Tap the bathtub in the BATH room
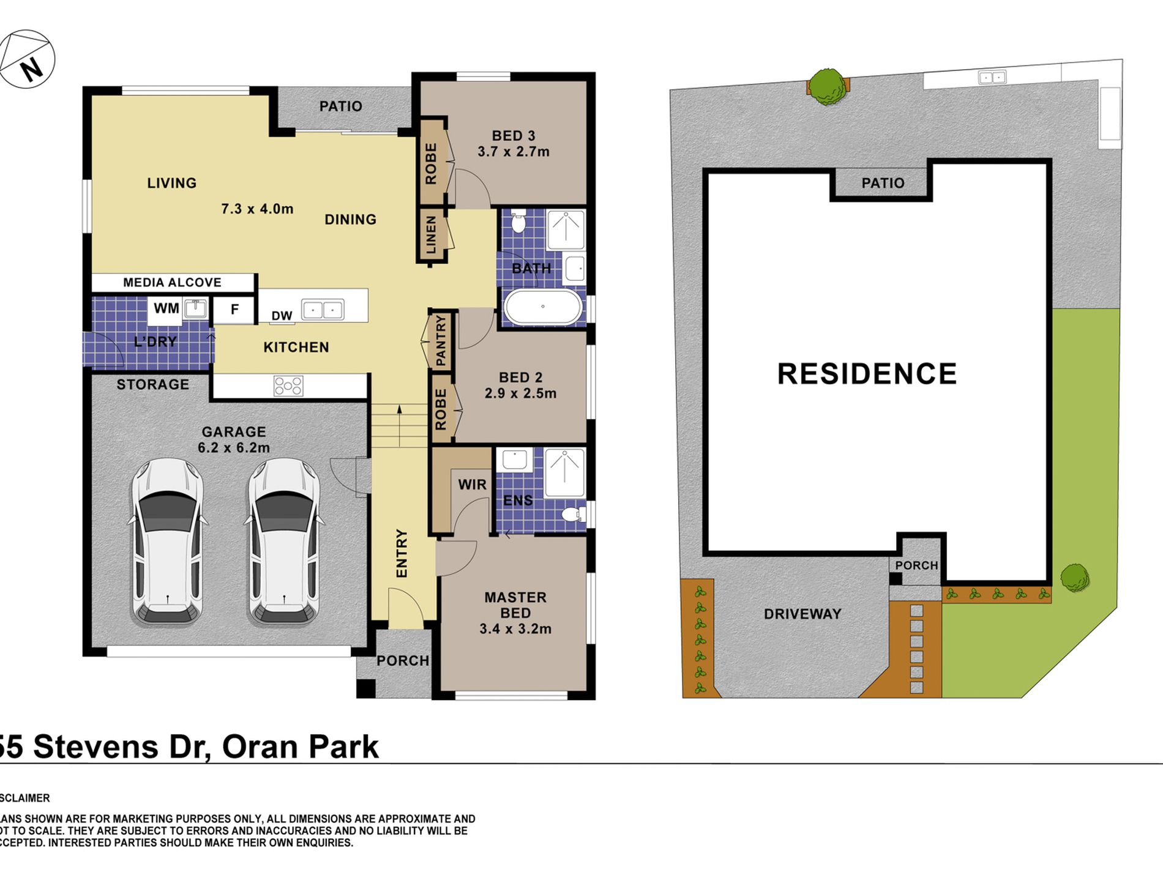pyautogui.click(x=542, y=307)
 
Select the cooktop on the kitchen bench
pyautogui.click(x=288, y=386)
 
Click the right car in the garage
pyautogui.click(x=283, y=542)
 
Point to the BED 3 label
pyautogui.click(x=514, y=136)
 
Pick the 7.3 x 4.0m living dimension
pyautogui.click(x=257, y=209)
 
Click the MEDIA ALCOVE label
pyautogui.click(x=172, y=282)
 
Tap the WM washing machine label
pyautogui.click(x=166, y=308)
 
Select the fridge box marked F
pyautogui.click(x=234, y=310)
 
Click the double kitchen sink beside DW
pyautogui.click(x=323, y=310)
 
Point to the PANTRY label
pyautogui.click(x=441, y=341)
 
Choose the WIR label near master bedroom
pyautogui.click(x=472, y=485)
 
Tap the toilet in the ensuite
pyautogui.click(x=573, y=513)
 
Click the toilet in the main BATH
pyautogui.click(x=518, y=222)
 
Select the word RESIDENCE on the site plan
pyautogui.click(x=867, y=374)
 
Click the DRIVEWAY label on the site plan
pyautogui.click(x=802, y=614)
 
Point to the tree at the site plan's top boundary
pyautogui.click(x=828, y=87)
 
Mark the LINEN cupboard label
pyautogui.click(x=431, y=234)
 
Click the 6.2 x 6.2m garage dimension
pyautogui.click(x=234, y=448)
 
